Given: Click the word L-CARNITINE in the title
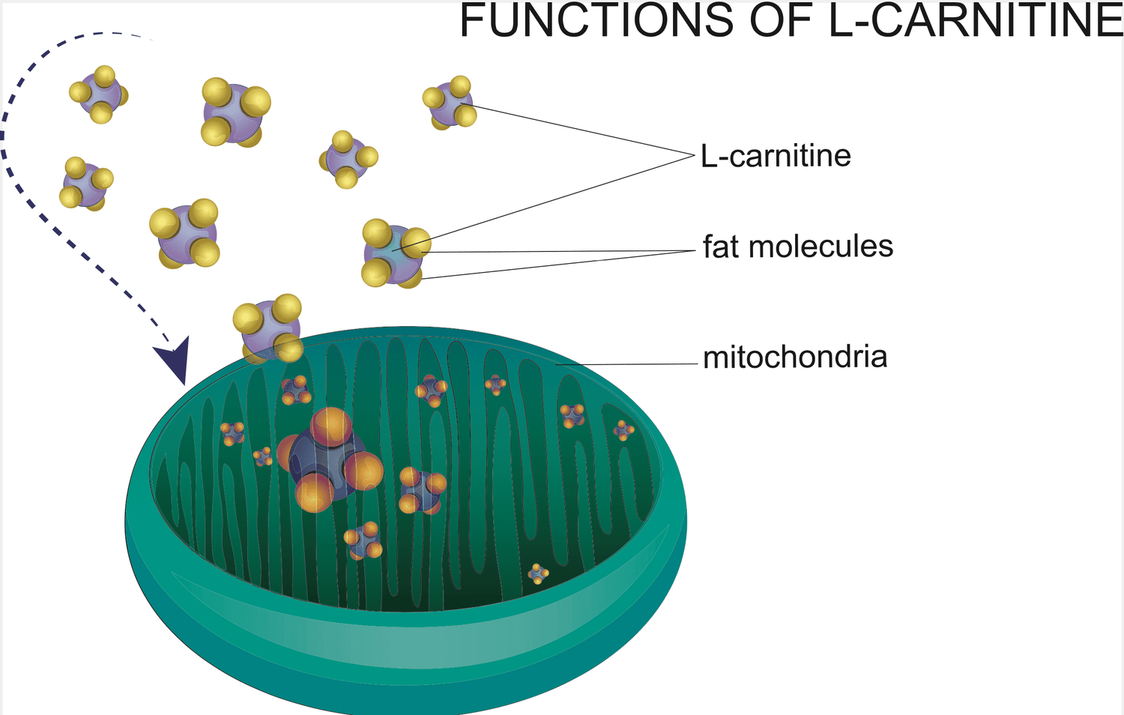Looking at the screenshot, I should tap(975, 20).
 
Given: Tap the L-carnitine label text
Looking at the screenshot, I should tap(776, 156).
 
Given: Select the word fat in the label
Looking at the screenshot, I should tap(721, 247).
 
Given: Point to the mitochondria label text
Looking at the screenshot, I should tap(795, 357).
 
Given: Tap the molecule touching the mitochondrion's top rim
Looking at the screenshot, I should tap(269, 328).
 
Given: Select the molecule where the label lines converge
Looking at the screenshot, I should tap(393, 253).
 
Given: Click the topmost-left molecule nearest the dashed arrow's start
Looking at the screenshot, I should tap(99, 94).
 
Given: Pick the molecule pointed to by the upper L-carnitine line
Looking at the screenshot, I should tap(450, 102).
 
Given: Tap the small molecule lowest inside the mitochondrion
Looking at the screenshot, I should tap(538, 574).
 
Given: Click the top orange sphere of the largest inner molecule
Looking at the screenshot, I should tap(330, 426).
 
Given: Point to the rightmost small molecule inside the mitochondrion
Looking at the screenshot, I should tap(623, 430).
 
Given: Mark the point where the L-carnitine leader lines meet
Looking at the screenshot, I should tap(694, 154).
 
